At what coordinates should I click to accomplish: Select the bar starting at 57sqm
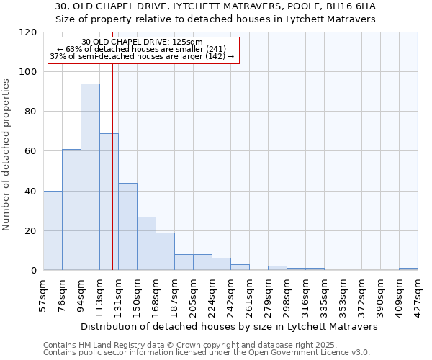pos(53,230)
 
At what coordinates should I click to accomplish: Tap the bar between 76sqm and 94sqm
pos(71,210)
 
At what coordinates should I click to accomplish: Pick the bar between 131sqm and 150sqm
pos(127,226)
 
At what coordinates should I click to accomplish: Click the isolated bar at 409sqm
pos(408,269)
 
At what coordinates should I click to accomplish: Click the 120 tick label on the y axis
pos(28,32)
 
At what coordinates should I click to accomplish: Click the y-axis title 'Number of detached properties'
pos(7,155)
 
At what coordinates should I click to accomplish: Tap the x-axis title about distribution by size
pos(230,326)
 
